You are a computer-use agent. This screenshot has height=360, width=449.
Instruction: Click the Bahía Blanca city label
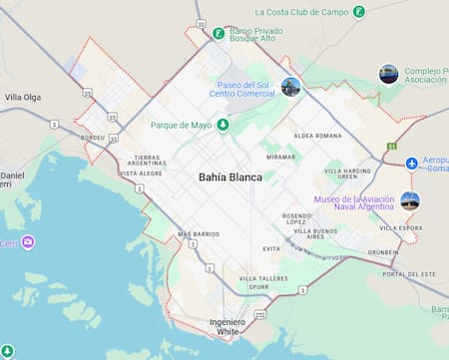[x=230, y=178]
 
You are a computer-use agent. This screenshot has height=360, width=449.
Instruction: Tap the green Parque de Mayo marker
[x=223, y=125]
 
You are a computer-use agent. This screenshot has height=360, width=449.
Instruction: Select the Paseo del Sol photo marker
[x=290, y=87]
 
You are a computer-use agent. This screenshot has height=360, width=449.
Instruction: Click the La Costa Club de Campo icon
[x=359, y=12]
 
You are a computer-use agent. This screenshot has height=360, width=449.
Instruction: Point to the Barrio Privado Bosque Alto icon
[x=218, y=33]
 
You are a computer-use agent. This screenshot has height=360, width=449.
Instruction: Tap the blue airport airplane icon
[x=411, y=163]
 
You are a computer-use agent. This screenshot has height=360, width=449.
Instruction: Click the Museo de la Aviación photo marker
[x=409, y=200]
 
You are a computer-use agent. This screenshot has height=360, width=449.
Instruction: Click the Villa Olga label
[x=23, y=97]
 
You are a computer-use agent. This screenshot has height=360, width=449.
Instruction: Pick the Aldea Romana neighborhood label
[x=317, y=135]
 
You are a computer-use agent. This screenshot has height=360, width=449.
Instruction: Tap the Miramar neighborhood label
[x=281, y=157]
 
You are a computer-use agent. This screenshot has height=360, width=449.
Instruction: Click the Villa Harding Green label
[x=348, y=175]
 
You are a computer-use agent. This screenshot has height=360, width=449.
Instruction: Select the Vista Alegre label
[x=141, y=174]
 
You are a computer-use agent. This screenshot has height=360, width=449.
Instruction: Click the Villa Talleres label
[x=263, y=278]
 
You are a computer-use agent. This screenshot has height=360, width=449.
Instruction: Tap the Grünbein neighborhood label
[x=382, y=252]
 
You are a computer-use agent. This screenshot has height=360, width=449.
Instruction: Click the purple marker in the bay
[x=28, y=242]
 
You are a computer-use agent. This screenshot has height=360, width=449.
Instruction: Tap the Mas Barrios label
[x=198, y=234]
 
